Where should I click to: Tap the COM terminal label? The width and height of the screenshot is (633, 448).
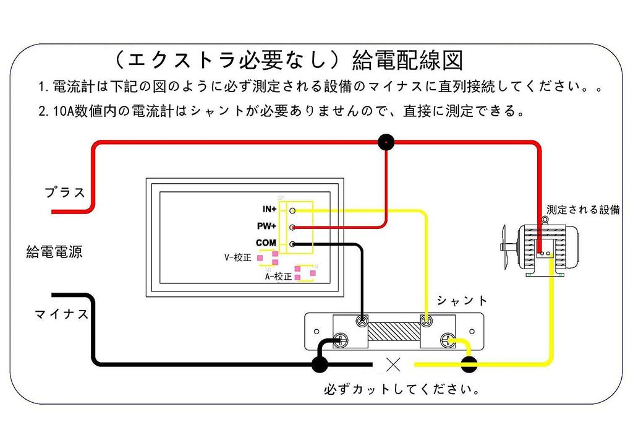[266, 243]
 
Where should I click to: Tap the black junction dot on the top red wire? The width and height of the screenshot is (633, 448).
[386, 143]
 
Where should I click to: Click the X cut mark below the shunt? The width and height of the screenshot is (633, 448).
[392, 364]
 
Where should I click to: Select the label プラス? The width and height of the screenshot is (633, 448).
[65, 192]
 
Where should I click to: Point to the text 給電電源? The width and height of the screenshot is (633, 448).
[54, 252]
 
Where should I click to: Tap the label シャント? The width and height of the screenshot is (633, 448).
[462, 301]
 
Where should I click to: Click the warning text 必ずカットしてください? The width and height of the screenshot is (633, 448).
[402, 390]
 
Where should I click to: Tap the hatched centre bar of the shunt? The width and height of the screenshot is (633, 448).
[392, 331]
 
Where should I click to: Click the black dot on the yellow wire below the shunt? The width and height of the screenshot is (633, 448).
[469, 364]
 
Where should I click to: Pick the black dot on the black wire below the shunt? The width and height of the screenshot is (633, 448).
[320, 364]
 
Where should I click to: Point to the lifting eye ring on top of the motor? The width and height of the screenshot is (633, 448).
[545, 220]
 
